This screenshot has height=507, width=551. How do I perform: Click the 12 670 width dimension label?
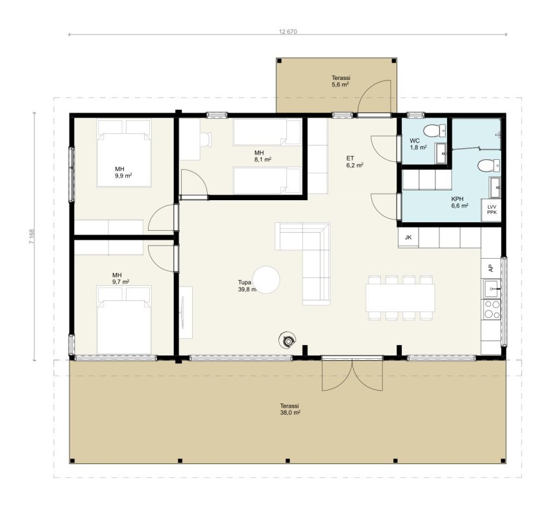pos(288,32)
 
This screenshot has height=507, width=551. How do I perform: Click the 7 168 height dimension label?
pos(32,237)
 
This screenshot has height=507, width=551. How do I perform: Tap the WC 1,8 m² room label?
pos(418,144)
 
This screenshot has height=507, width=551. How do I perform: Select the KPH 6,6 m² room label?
pos(459,202)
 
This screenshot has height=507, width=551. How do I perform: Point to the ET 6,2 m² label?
pos(354,161)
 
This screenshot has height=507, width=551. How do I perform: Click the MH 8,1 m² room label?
pos(263,156)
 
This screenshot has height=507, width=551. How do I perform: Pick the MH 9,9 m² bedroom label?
pos(123,172)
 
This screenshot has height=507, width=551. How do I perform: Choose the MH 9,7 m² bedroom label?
pos(121,278)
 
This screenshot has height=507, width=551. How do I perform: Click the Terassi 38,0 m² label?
pos(290,409)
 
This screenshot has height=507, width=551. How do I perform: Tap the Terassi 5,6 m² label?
pos(341,81)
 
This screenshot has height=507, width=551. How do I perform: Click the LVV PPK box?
pos(491,210)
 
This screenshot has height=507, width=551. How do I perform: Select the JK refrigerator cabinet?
pos(408,237)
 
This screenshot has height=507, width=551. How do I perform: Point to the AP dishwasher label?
pos(491,268)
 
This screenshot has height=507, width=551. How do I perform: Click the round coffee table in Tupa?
pos(266,279)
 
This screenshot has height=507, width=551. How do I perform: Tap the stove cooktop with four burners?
pos(492,309)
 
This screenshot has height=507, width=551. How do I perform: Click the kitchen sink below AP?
pos(493,289)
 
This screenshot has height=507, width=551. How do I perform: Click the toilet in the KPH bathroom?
pos(489,165)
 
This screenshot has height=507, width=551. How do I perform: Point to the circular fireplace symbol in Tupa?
pos(288,341)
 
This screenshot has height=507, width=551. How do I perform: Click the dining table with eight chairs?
pos(400,298)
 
